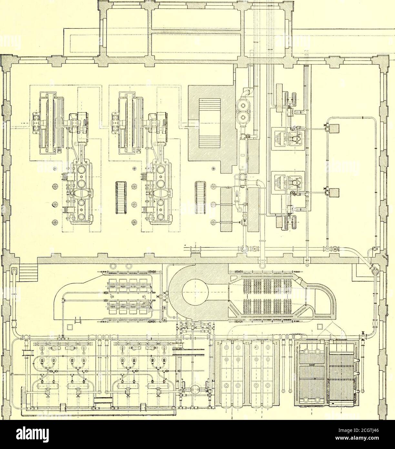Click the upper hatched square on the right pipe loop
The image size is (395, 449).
click(334, 129)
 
